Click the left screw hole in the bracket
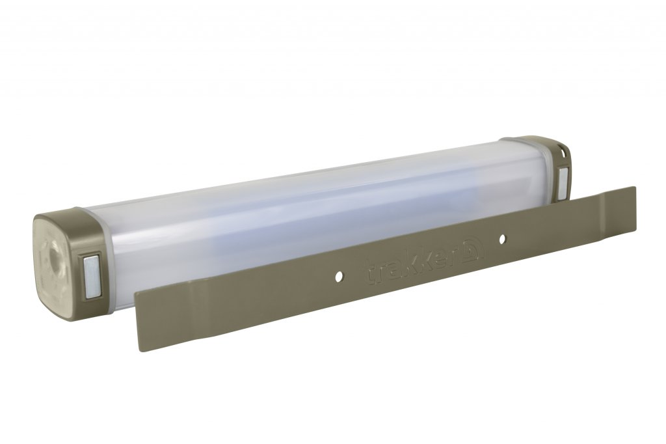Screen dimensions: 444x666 coord(338,277)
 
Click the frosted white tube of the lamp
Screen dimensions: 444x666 coord(293,208)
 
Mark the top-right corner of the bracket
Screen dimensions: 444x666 coord(634,187)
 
